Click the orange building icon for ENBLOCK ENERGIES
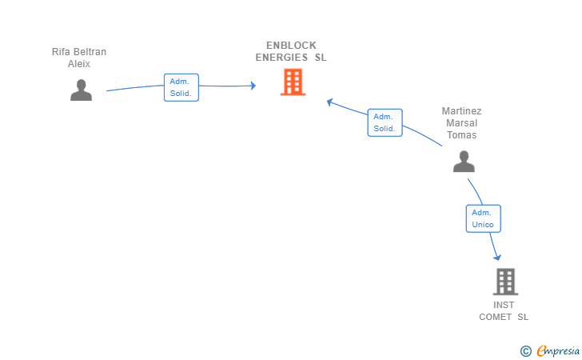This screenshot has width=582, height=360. (293, 82)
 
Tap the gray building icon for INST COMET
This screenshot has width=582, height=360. (505, 282)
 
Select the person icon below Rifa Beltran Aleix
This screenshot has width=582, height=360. (81, 90)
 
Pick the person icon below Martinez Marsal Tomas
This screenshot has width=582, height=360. (464, 162)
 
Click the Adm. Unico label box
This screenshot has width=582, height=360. (483, 218)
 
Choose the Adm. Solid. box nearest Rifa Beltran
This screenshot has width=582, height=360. (181, 87)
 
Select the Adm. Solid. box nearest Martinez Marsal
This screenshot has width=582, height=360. (385, 122)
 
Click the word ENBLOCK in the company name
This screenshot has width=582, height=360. (291, 46)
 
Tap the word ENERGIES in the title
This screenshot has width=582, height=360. (281, 58)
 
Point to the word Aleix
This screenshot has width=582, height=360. (79, 64)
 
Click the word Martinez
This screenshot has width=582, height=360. (462, 111)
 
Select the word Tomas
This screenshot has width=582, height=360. (462, 135)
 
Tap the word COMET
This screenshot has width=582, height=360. (495, 317)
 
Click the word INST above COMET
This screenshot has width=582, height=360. (504, 305)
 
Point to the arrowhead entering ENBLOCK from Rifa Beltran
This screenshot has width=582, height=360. (253, 86)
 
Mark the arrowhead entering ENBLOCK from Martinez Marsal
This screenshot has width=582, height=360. (329, 102)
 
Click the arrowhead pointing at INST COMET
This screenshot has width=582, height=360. (497, 258)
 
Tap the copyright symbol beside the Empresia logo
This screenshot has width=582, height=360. (526, 351)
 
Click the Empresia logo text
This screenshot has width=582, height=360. (558, 350)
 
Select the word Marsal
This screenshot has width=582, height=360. (462, 123)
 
